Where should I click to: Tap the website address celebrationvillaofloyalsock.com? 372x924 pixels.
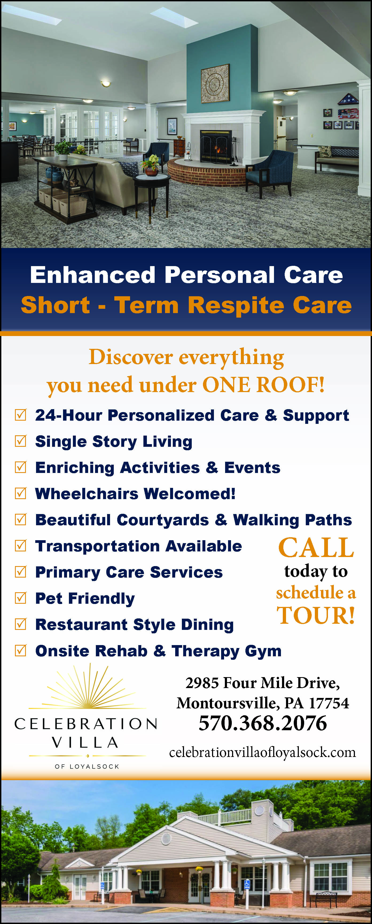point(263,752)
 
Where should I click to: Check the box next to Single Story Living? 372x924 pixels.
point(21,441)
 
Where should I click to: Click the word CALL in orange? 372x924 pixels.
point(316,548)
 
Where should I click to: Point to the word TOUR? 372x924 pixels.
point(316,615)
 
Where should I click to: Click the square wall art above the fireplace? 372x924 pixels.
point(215,83)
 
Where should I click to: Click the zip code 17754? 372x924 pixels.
point(329,703)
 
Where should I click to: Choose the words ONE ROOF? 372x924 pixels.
point(264,385)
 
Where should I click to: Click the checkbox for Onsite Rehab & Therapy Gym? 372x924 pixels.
point(21,650)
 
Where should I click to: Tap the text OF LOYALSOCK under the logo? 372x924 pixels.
point(87,767)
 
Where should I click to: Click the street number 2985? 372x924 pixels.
point(202,683)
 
